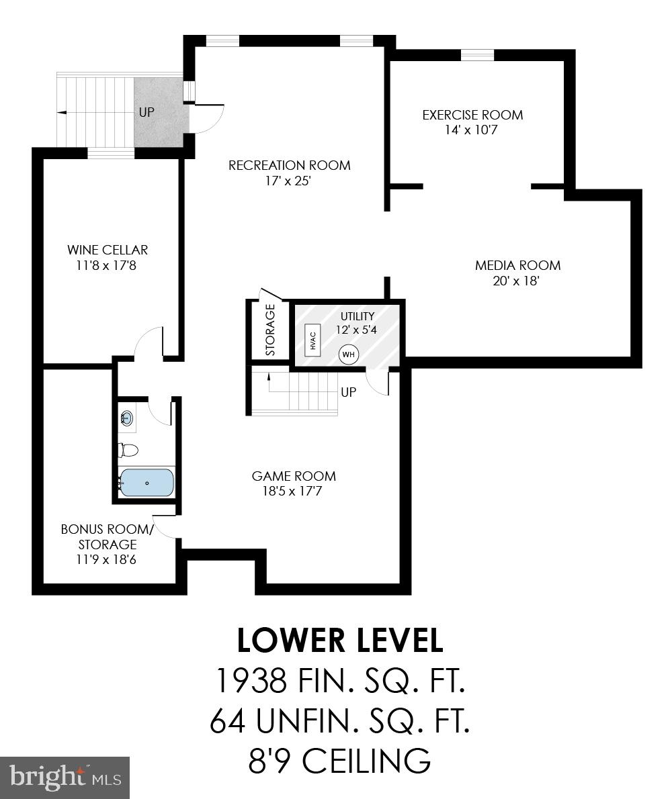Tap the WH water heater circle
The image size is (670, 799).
pos(349,354)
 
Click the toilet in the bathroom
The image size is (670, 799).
pos(128,449)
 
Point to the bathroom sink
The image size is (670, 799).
pos(126,419)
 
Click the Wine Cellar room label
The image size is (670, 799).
pos(108,250)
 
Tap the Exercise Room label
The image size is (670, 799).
pos(472,115)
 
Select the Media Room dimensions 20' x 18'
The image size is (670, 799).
pos(517,281)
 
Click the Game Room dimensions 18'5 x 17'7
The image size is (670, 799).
pos(294,491)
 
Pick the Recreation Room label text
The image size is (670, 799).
pos(289,165)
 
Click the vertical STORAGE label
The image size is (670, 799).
pos(270,330)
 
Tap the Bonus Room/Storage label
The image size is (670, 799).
pos(108,536)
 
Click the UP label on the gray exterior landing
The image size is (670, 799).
pos(146,112)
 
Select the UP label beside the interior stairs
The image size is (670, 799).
pos(348,392)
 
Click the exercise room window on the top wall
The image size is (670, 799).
pos(477,55)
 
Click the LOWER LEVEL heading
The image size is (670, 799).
pos(339,641)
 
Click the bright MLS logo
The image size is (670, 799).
pos(65,778)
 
